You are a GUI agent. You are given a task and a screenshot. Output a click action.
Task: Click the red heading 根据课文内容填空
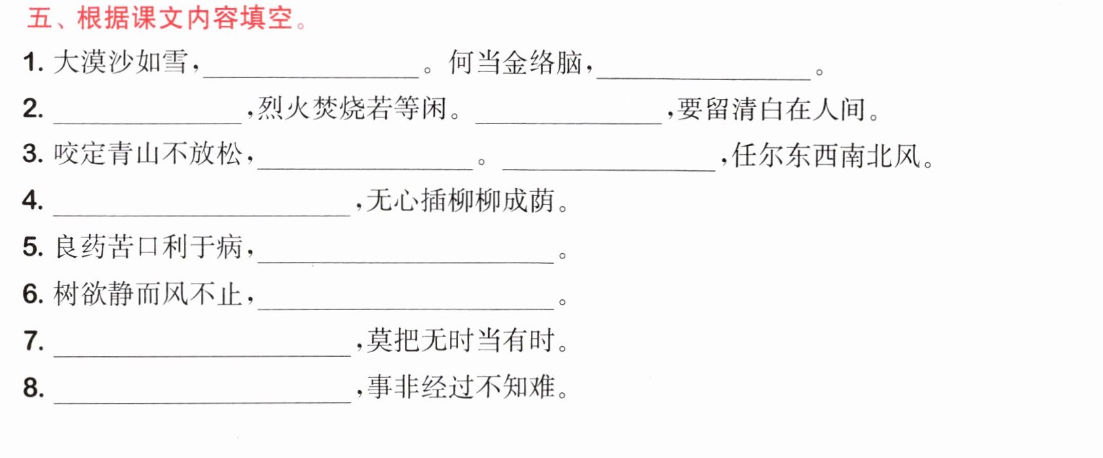[185, 18]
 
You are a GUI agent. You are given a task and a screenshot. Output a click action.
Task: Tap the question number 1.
[33, 63]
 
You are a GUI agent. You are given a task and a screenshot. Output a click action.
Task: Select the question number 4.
[33, 200]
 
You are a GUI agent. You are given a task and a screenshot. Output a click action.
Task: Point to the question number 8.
[33, 387]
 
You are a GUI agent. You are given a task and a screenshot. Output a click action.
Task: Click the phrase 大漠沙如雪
[121, 62]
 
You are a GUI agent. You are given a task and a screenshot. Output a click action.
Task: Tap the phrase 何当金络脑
[516, 62]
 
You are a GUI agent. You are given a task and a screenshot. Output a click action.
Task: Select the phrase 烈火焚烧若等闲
[352, 109]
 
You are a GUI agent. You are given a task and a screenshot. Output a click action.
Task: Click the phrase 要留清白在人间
[771, 109]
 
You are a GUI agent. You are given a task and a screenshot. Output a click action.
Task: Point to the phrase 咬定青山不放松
[148, 154]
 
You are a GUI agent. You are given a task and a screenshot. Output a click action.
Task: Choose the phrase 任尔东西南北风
[826, 155]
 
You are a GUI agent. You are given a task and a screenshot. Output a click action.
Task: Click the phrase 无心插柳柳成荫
[461, 200]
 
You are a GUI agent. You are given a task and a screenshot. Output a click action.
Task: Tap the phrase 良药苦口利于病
[148, 247]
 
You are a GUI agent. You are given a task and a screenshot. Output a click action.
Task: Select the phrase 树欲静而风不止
[148, 294]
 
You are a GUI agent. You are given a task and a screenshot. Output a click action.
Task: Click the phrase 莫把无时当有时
[461, 341]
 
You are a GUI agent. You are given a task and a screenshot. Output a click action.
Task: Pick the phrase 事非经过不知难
[461, 387]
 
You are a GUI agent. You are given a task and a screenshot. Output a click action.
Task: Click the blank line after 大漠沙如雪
[311, 77]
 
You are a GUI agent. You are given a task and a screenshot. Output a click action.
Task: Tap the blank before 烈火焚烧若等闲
[147, 123]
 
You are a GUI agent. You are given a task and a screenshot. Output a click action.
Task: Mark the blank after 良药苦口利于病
[406, 263]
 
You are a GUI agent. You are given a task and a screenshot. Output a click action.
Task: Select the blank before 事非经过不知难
[202, 403]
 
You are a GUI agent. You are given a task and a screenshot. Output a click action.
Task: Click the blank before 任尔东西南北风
[609, 170]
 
